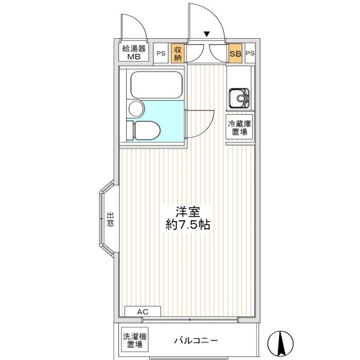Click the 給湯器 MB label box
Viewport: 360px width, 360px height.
pyautogui.click(x=133, y=52)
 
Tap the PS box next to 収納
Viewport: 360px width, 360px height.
pyautogui.click(x=161, y=53)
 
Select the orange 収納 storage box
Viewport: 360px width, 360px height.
pyautogui.click(x=178, y=53)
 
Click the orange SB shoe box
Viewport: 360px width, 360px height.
pyautogui.click(x=236, y=53)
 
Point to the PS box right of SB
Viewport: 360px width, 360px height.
pyautogui.click(x=250, y=53)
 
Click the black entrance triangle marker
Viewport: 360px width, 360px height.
pyautogui.click(x=207, y=34)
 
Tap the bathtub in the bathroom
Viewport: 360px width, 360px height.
pyautogui.click(x=156, y=85)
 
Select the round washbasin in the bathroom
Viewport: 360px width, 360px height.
pyautogui.click(x=136, y=108)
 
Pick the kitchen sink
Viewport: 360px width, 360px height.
pyautogui.click(x=239, y=98)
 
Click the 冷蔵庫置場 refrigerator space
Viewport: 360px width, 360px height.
pyautogui.click(x=239, y=127)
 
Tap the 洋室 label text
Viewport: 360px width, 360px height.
pyautogui.click(x=188, y=212)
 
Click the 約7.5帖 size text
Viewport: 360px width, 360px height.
pyautogui.click(x=188, y=225)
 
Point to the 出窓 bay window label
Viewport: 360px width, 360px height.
pyautogui.click(x=110, y=219)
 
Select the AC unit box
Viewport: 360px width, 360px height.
pyautogui.click(x=143, y=311)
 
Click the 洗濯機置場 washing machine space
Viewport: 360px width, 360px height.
pyautogui.click(x=135, y=341)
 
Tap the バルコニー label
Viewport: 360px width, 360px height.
pyautogui.click(x=196, y=340)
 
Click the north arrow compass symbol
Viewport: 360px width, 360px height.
pyautogui.click(x=280, y=344)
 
